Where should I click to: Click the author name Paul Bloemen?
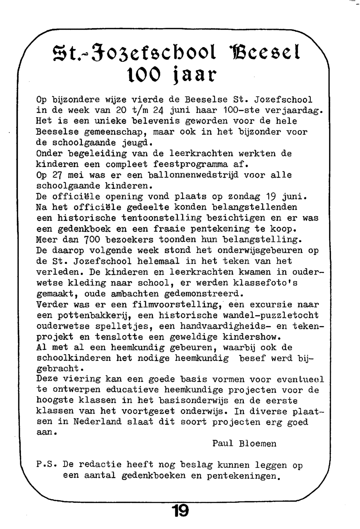(x=244, y=444)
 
